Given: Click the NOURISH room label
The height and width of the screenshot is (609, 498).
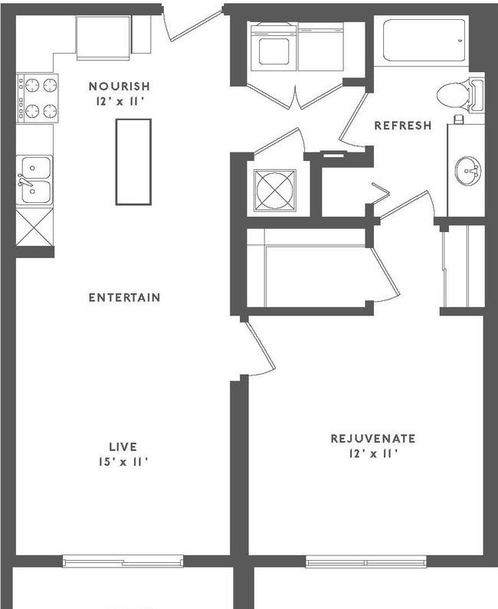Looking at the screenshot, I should click(118, 87).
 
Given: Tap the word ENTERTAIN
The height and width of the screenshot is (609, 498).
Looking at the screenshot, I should click(124, 297).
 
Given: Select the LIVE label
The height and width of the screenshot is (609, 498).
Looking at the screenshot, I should click(123, 446).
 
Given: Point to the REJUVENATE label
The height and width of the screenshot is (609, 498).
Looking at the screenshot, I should click(372, 439).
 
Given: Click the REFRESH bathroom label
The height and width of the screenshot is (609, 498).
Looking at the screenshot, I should click(402, 126).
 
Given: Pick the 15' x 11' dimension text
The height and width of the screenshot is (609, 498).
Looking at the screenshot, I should click(123, 461).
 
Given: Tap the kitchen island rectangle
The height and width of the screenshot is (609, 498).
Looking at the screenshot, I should click(133, 161).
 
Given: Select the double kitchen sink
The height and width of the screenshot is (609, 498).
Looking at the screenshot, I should click(35, 179).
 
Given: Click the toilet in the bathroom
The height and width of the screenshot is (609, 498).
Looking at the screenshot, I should click(458, 95).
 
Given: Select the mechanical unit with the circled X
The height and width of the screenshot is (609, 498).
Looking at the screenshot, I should click(274, 188).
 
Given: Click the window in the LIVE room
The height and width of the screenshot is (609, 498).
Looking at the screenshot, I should click(123, 562).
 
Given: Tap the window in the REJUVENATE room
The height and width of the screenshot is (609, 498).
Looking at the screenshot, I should click(365, 562).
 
